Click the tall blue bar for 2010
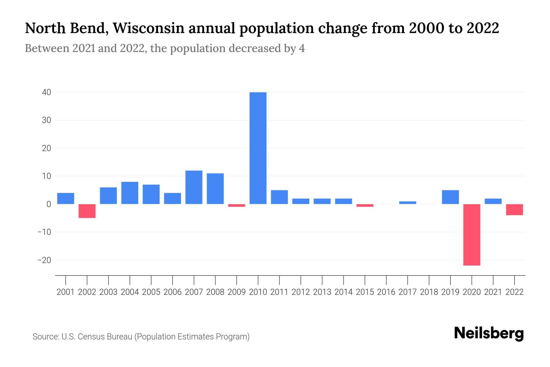258,148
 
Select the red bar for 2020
471,235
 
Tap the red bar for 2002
87,211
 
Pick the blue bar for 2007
194,187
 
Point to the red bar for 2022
514,210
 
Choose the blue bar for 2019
450,197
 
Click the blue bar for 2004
130,193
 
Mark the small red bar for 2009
237,206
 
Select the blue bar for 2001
66,198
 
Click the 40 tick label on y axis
46,92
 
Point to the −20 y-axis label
44,260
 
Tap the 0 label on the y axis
49,204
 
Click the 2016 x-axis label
386,292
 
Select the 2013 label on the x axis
322,292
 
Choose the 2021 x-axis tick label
493,292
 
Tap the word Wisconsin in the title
148,28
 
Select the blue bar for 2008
215,189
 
